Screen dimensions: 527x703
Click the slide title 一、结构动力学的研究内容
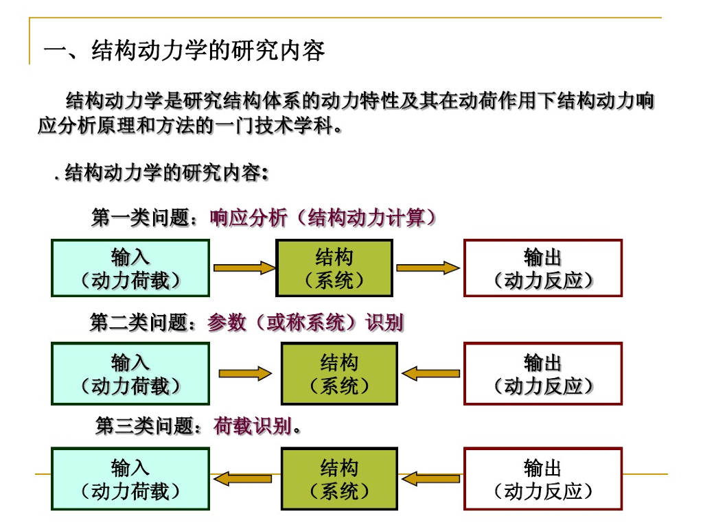(x=184, y=51)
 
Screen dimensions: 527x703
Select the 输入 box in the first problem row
(x=130, y=268)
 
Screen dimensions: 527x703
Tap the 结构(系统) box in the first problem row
(x=334, y=268)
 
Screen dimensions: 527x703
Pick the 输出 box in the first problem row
(x=543, y=268)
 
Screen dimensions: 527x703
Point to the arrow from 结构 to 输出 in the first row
(x=427, y=268)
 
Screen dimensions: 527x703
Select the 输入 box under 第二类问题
(x=130, y=374)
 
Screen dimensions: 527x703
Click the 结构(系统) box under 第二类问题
(x=339, y=374)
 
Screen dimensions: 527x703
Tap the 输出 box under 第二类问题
(x=543, y=374)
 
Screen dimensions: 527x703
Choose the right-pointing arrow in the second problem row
(x=245, y=374)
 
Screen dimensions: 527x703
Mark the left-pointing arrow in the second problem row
(x=431, y=374)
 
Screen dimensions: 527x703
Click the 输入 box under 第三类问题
(x=130, y=479)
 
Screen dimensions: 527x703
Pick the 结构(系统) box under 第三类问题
(x=339, y=479)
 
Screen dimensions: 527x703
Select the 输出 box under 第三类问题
(x=543, y=479)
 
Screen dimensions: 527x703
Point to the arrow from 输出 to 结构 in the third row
(x=431, y=478)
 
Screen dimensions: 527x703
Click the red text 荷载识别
(x=253, y=427)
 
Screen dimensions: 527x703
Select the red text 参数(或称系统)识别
(x=306, y=323)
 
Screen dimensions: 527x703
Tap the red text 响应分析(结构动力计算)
(x=323, y=218)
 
